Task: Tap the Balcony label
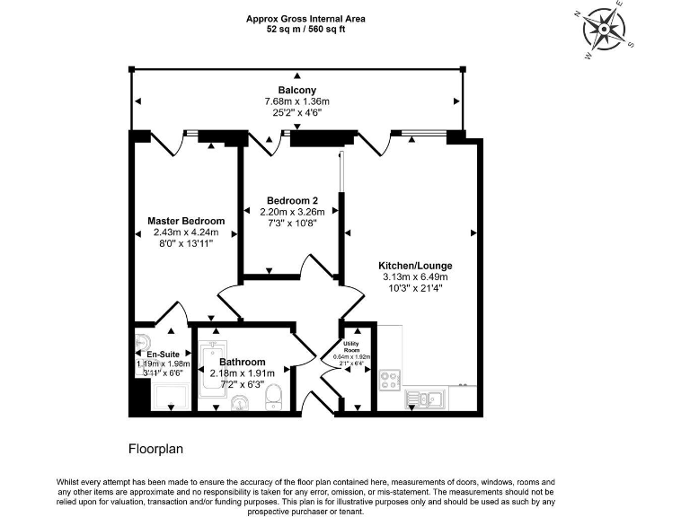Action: pyautogui.click(x=296, y=90)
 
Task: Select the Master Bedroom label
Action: pyautogui.click(x=186, y=220)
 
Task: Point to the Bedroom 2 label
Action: pyautogui.click(x=292, y=200)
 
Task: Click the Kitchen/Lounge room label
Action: pyautogui.click(x=414, y=266)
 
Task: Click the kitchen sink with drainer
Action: pyautogui.click(x=421, y=398)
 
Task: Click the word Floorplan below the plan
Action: pyautogui.click(x=155, y=446)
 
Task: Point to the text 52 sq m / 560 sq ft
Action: pyautogui.click(x=305, y=29)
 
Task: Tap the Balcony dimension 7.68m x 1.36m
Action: pyautogui.click(x=296, y=101)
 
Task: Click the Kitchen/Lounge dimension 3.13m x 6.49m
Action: pyautogui.click(x=414, y=277)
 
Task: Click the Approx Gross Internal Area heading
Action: pyautogui.click(x=305, y=18)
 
